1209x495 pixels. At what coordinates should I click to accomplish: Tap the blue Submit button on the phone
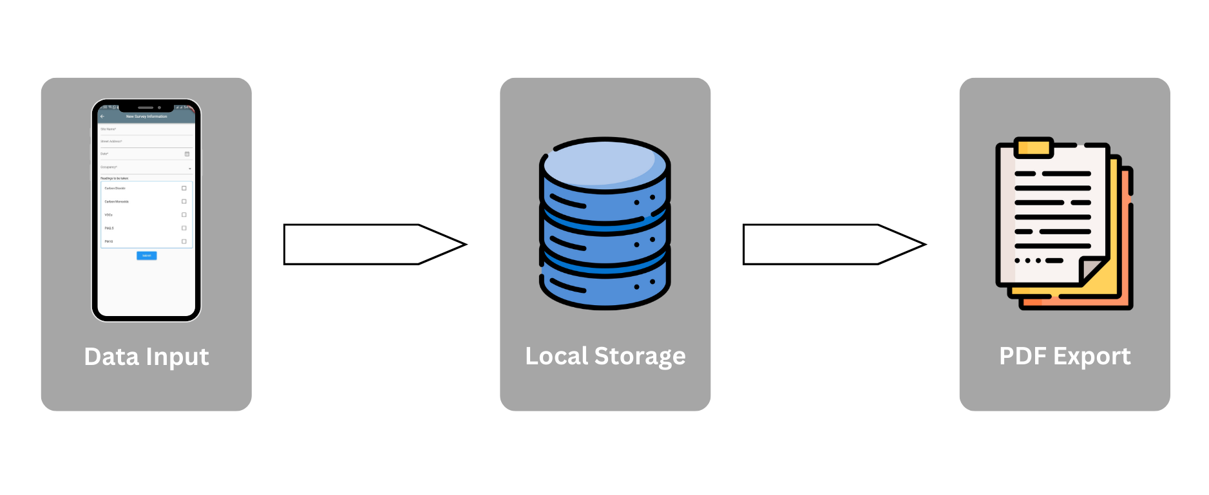[146, 256]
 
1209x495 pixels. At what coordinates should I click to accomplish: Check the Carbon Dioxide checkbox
[184, 189]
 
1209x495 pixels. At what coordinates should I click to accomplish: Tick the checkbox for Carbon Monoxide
[184, 201]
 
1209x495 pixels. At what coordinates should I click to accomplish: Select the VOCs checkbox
[184, 215]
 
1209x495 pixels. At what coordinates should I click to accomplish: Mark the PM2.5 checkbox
[184, 228]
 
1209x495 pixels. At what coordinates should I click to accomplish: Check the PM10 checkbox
[184, 241]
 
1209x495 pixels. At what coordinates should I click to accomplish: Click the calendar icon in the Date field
[187, 154]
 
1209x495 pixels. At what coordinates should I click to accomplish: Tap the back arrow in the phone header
[102, 117]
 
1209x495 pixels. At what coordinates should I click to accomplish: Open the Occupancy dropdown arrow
[189, 168]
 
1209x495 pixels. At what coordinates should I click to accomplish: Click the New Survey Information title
[146, 117]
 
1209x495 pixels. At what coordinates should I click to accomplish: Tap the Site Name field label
[108, 129]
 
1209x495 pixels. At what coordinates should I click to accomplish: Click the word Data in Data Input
[111, 357]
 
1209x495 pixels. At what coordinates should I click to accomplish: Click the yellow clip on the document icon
[1033, 148]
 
